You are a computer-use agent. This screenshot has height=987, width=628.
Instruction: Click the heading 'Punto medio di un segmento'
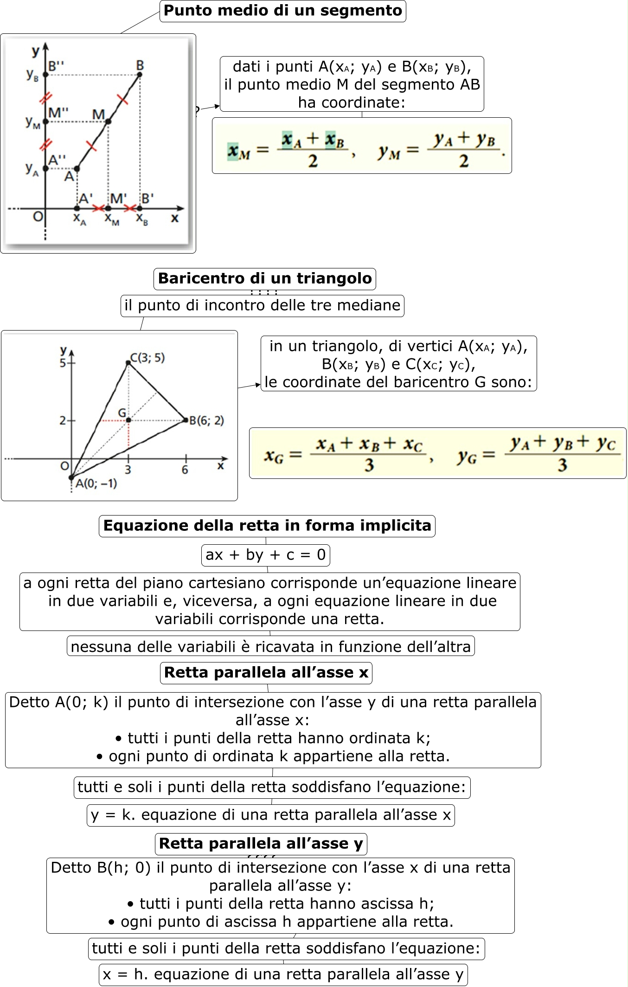coord(282,11)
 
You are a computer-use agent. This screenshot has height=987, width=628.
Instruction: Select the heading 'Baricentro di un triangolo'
coord(264,279)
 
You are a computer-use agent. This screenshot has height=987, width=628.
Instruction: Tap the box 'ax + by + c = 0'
coord(265,555)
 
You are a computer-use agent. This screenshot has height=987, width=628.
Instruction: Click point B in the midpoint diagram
coord(140,74)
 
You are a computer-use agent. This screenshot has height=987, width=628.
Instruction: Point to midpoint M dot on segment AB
coord(108,121)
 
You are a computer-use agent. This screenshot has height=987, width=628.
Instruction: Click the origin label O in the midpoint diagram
coord(38,217)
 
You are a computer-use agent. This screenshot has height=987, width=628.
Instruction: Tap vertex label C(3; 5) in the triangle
coord(147,357)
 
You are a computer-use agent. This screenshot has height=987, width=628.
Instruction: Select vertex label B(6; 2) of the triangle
coord(206,420)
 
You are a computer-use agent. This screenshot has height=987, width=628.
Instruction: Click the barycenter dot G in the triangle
coord(128,420)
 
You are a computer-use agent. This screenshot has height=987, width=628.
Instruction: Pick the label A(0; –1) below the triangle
coord(96,484)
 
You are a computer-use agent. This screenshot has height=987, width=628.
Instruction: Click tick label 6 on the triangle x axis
coord(185,470)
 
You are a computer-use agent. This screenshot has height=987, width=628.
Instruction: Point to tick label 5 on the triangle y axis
coord(63,363)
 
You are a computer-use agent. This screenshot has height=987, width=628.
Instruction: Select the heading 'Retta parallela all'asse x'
coord(266,673)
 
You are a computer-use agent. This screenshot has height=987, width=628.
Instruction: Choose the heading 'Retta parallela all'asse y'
coord(261,843)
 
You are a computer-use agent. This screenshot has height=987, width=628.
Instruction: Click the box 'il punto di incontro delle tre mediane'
coord(262,306)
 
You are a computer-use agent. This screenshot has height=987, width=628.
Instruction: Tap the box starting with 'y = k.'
coord(270,815)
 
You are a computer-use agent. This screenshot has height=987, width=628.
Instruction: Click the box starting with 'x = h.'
coord(283,974)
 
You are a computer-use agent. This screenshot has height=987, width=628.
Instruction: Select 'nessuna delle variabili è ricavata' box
coord(270,646)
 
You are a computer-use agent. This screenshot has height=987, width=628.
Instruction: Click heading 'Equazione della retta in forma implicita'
coord(267,526)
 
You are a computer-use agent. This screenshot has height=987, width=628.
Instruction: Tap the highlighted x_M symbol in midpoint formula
coord(238,151)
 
